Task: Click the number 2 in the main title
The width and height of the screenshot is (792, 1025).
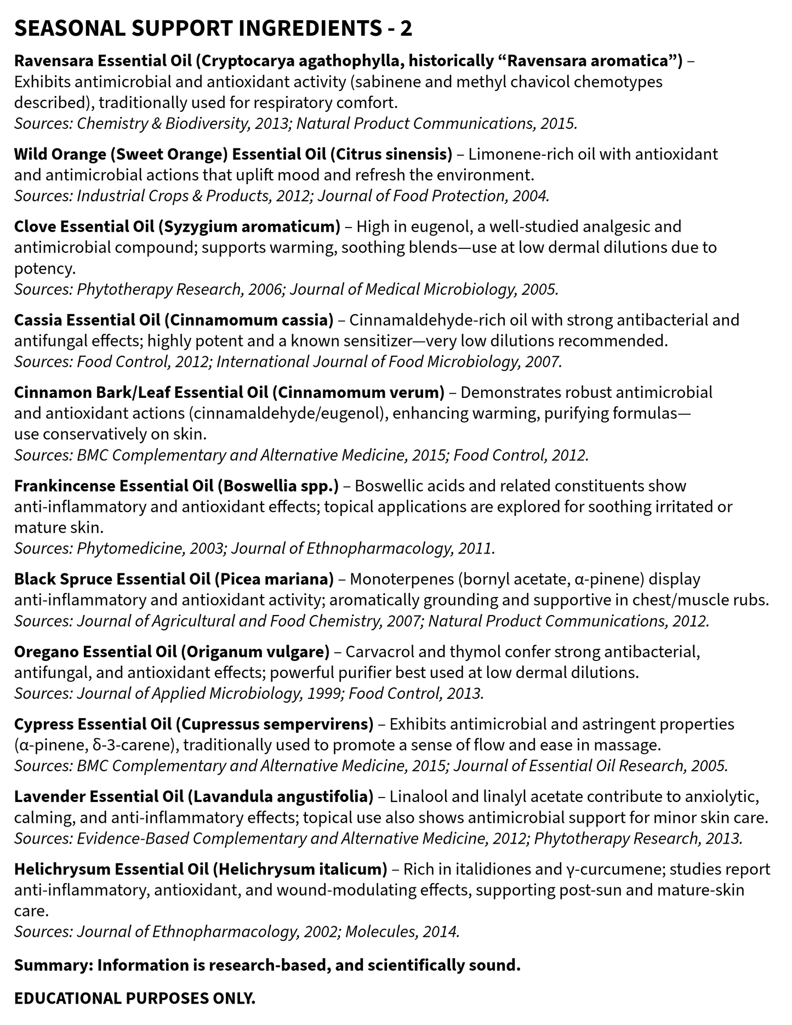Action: click(406, 29)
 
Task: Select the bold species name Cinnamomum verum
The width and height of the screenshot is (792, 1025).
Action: click(358, 392)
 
